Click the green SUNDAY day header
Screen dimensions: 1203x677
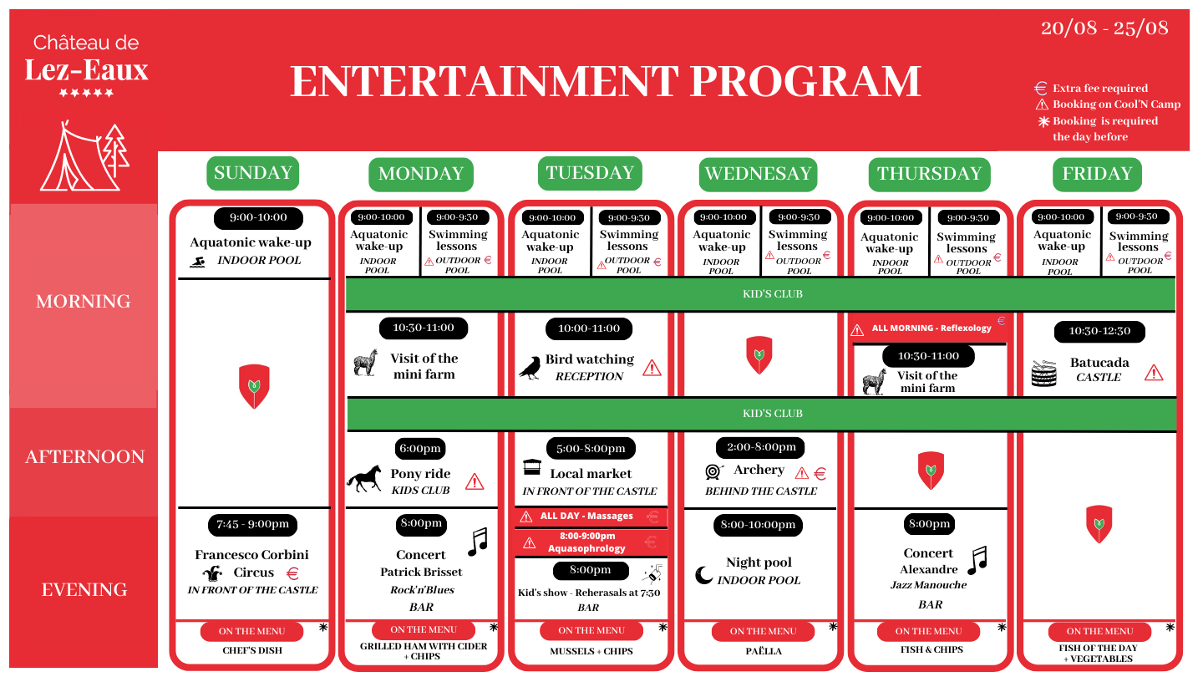pos(252,173)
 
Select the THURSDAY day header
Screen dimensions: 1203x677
pos(929,174)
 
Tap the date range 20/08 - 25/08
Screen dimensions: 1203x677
pos(1104,28)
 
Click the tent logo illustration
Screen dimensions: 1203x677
pos(84,155)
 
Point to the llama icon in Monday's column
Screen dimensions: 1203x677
pos(366,363)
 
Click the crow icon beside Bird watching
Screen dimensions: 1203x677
pos(530,368)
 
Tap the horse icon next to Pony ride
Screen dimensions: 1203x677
pos(364,478)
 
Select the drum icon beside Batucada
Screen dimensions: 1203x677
pos(1043,373)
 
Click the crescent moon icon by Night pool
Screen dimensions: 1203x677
pos(703,575)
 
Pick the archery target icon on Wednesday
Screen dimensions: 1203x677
pos(713,471)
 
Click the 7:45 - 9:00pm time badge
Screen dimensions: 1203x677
pos(252,524)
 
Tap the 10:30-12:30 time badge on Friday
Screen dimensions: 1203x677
pos(1099,332)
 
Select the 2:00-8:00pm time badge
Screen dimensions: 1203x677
pos(761,448)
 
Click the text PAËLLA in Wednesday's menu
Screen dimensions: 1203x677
pos(764,651)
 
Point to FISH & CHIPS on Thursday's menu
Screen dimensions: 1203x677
pos(931,649)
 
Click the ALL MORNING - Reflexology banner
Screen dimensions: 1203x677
pos(927,328)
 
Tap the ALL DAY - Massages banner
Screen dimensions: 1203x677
pos(591,517)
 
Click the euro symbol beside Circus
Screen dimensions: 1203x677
pos(292,574)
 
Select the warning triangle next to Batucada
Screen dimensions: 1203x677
pos(1154,373)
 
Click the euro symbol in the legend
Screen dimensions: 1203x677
pos(1041,88)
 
